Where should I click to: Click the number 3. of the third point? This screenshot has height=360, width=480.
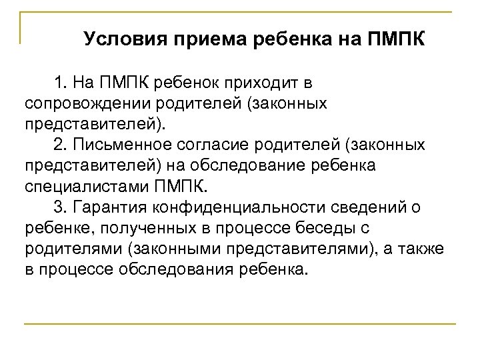(62, 208)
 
